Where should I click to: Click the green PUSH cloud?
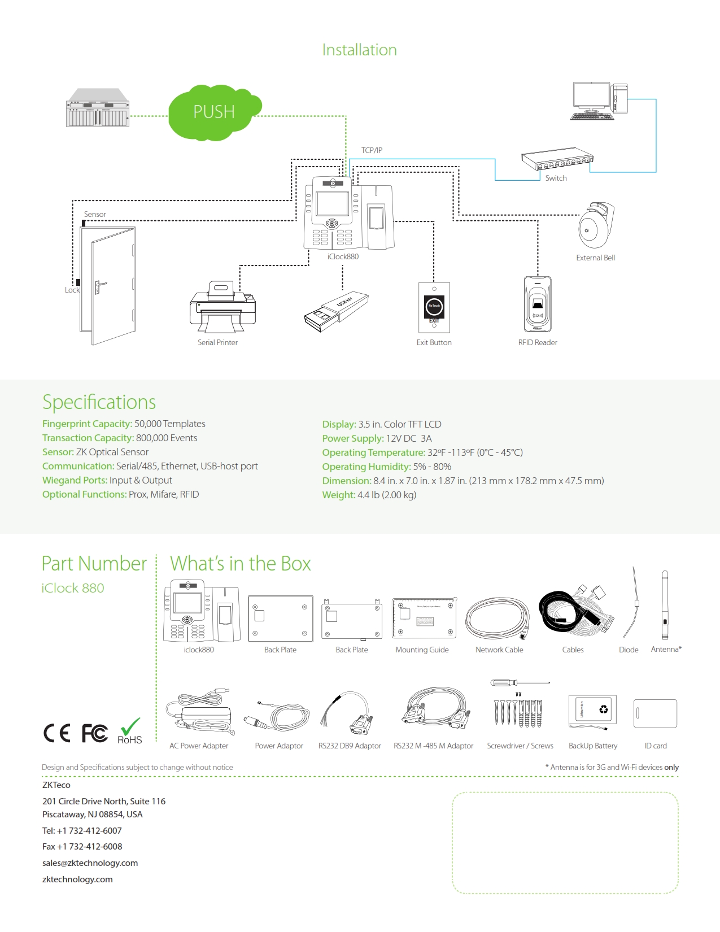click(213, 112)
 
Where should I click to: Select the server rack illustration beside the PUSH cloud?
click(98, 108)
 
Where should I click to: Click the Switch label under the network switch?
click(556, 178)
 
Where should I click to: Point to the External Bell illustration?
click(596, 225)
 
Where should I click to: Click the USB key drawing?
click(337, 311)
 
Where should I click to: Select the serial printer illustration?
click(222, 308)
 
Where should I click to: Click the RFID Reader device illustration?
click(538, 304)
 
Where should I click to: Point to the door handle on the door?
click(99, 286)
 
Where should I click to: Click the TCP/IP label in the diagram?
click(372, 150)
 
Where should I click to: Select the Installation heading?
click(359, 50)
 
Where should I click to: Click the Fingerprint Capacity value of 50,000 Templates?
click(169, 424)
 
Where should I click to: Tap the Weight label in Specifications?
click(338, 495)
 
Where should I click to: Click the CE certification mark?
click(57, 733)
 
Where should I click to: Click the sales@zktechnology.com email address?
click(90, 863)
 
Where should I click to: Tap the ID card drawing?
click(655, 713)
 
